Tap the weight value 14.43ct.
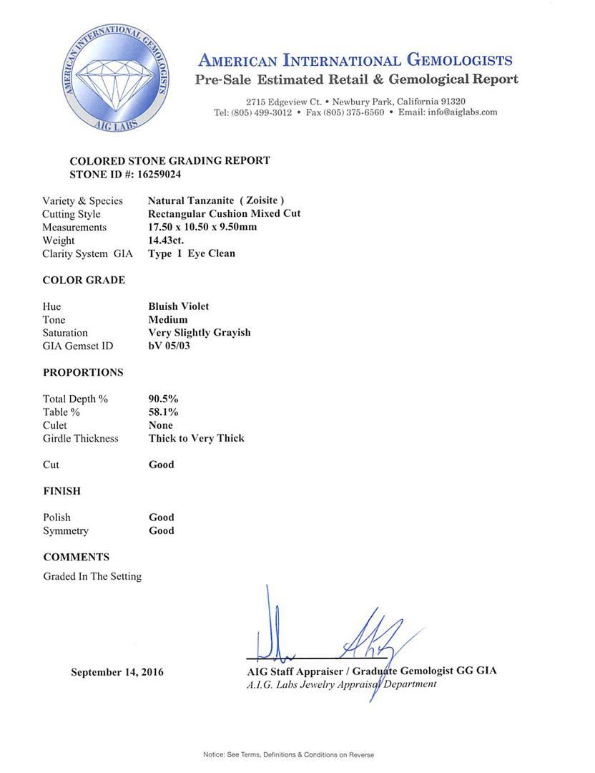pyautogui.click(x=166, y=240)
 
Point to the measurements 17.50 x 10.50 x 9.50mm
pyautogui.click(x=202, y=227)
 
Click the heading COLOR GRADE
pyautogui.click(x=84, y=280)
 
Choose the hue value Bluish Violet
pyautogui.click(x=179, y=306)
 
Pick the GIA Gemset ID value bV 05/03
pyautogui.click(x=171, y=346)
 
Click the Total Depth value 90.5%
pyautogui.click(x=163, y=399)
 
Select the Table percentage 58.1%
pyautogui.click(x=163, y=412)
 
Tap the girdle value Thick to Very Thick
pyautogui.click(x=196, y=438)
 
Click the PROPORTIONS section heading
pyautogui.click(x=83, y=372)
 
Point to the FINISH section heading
pyautogui.click(x=62, y=491)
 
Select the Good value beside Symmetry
pyautogui.click(x=162, y=530)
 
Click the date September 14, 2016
pyautogui.click(x=117, y=672)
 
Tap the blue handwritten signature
pyautogui.click(x=336, y=637)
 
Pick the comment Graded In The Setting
pyautogui.click(x=92, y=576)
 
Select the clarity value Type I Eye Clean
pyautogui.click(x=192, y=253)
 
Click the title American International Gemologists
pyautogui.click(x=355, y=59)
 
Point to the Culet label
pyautogui.click(x=54, y=425)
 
